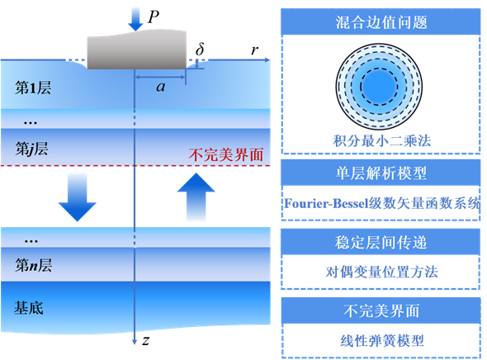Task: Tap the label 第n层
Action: pyautogui.click(x=33, y=265)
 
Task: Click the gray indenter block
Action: pyautogui.click(x=135, y=50)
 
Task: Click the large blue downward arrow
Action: pyautogui.click(x=77, y=197)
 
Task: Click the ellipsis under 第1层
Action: pyautogui.click(x=31, y=121)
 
